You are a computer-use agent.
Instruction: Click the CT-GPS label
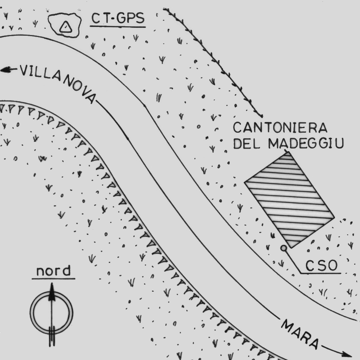[118, 19]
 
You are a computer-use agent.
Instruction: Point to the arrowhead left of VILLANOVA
[6, 70]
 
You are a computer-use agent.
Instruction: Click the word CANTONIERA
[280, 127]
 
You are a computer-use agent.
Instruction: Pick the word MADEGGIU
[306, 143]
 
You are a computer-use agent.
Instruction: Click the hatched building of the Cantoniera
[289, 200]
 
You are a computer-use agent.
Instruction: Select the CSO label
[321, 265]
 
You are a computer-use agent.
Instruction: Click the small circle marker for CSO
[283, 248]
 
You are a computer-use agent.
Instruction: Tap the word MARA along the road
[299, 333]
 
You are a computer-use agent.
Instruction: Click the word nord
[53, 271]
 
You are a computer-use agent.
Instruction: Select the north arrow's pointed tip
[52, 286]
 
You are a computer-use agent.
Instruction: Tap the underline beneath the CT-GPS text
[118, 27]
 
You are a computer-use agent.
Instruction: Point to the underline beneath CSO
[320, 273]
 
